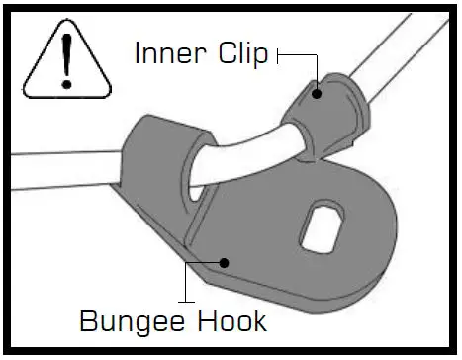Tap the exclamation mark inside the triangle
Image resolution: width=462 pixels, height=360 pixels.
coord(66,57)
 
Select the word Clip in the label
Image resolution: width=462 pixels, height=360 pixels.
coord(242,54)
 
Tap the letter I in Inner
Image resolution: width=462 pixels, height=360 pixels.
coord(139,54)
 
